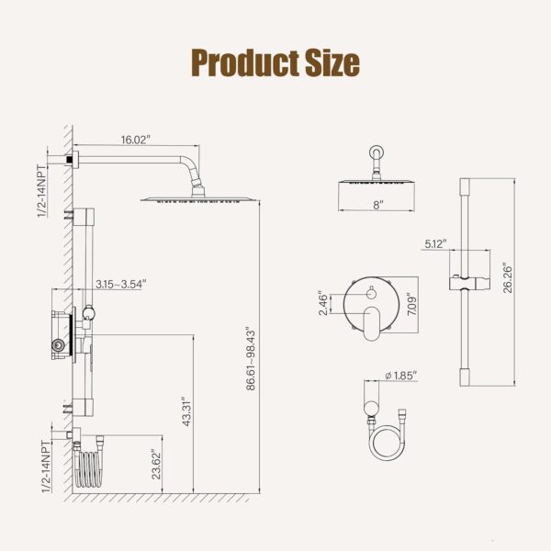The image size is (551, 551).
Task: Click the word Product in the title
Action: click(242, 62)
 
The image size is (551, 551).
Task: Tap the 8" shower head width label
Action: click(377, 206)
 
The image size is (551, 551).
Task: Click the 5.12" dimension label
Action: click(435, 243)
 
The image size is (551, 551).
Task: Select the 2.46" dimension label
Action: click(322, 303)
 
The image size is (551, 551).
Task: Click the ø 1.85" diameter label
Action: click(401, 376)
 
